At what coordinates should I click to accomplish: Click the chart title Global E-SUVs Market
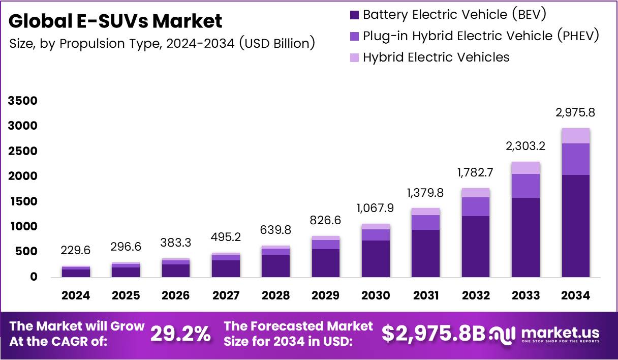pyautogui.click(x=115, y=21)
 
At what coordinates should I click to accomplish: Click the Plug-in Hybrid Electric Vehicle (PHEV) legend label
pyautogui.click(x=481, y=36)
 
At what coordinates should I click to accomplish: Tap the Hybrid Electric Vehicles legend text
pyautogui.click(x=436, y=57)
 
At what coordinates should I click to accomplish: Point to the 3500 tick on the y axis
pyautogui.click(x=23, y=101)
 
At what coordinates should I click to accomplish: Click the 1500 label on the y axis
pyautogui.click(x=23, y=201)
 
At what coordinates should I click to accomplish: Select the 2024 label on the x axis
pyautogui.click(x=76, y=295)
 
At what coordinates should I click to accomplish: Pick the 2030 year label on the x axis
pyautogui.click(x=376, y=295)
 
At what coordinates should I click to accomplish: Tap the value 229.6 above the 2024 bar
pyautogui.click(x=76, y=251)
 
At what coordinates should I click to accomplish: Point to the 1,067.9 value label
pyautogui.click(x=376, y=208)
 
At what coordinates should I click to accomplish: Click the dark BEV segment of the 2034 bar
pyautogui.click(x=575, y=226)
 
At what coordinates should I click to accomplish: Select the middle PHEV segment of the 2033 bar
pyautogui.click(x=526, y=186)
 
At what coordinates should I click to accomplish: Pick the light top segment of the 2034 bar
pyautogui.click(x=575, y=136)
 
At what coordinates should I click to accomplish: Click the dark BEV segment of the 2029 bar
pyautogui.click(x=326, y=263)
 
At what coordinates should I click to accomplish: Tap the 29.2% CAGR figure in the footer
pyautogui.click(x=180, y=334)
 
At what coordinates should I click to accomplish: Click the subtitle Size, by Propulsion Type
pyautogui.click(x=162, y=43)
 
